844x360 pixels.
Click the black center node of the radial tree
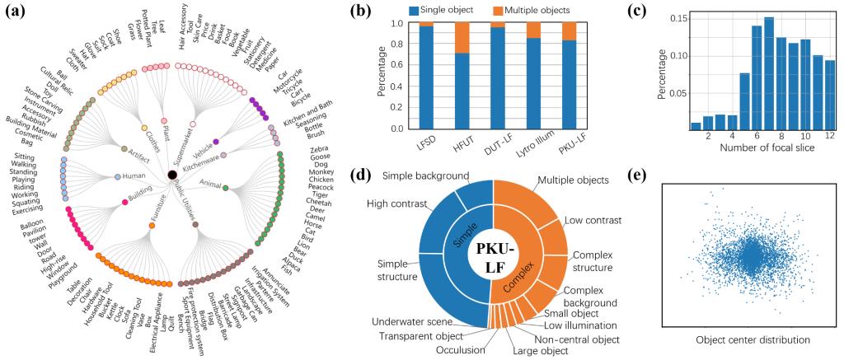[x=171, y=174]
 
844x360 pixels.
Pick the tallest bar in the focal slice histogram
[x=768, y=71]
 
